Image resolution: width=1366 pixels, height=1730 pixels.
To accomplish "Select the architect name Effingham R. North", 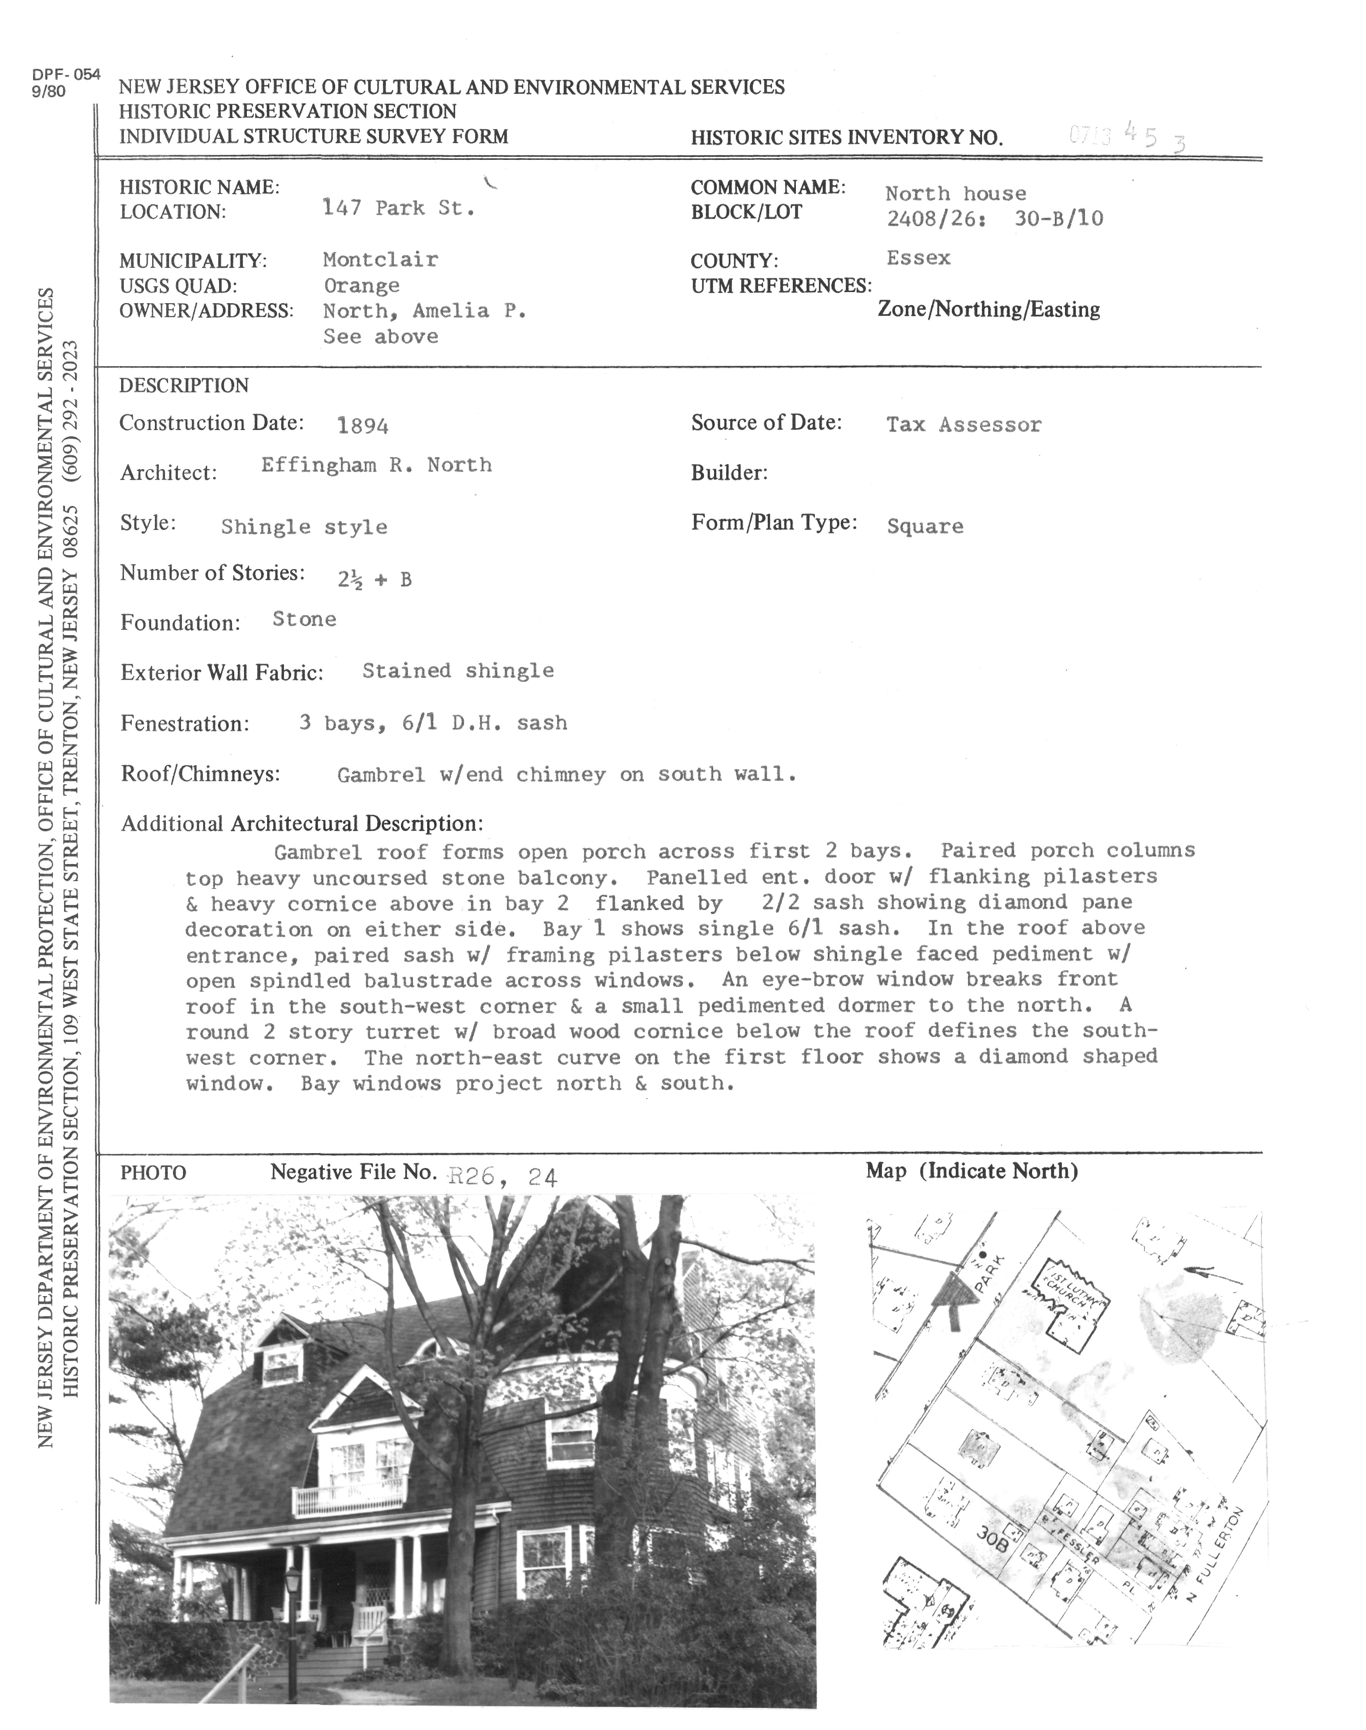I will pyautogui.click(x=376, y=465).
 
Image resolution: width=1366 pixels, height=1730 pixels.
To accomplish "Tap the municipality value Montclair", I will pyautogui.click(x=380, y=260).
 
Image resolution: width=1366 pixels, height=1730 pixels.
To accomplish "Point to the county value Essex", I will pyautogui.click(x=918, y=258).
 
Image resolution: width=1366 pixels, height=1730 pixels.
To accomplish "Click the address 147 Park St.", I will pyautogui.click(x=398, y=209).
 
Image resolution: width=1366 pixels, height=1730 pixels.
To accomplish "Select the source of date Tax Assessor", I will pyautogui.click(x=964, y=425).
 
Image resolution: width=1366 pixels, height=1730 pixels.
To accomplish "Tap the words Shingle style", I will pyautogui.click(x=304, y=527).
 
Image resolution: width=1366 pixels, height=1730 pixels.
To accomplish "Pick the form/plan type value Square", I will pyautogui.click(x=925, y=526).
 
